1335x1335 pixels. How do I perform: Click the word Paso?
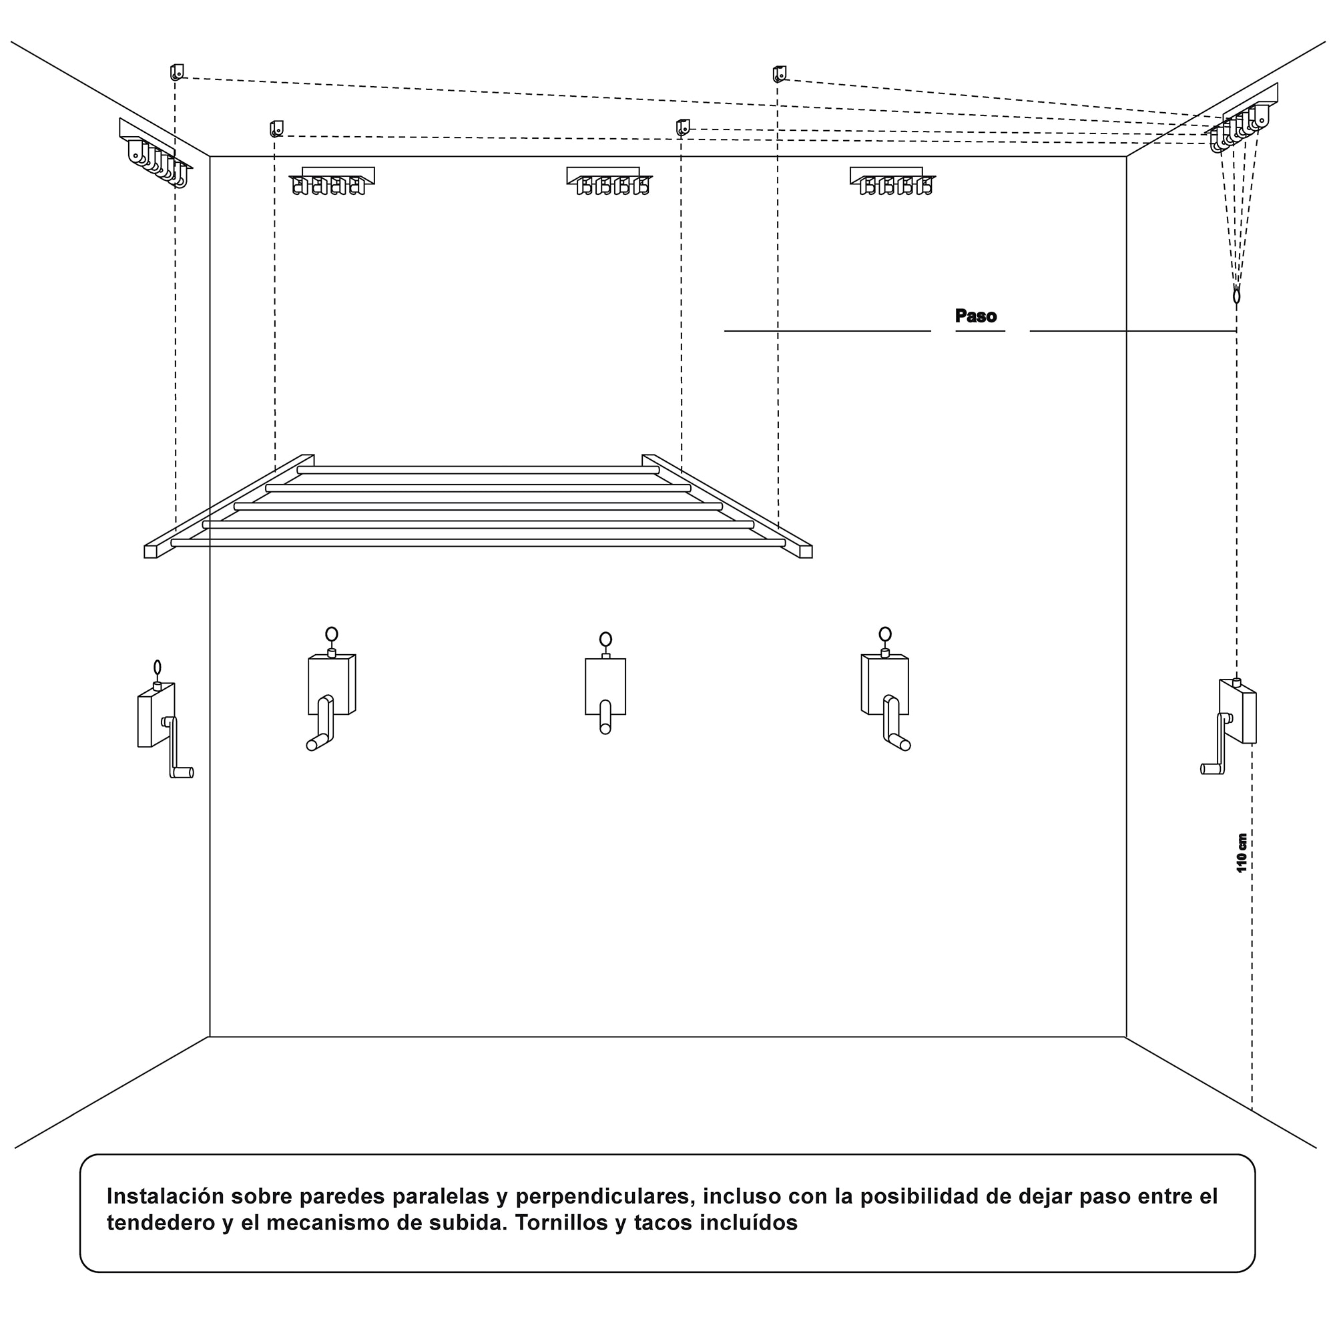(975, 316)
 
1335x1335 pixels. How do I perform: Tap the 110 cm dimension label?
(1242, 852)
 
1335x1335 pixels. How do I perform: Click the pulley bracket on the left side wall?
(155, 155)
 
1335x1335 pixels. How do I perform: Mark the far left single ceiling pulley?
(177, 72)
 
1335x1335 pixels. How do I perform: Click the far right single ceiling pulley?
(780, 74)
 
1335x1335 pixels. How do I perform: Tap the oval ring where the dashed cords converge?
(1236, 296)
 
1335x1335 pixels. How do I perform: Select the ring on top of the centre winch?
(605, 639)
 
